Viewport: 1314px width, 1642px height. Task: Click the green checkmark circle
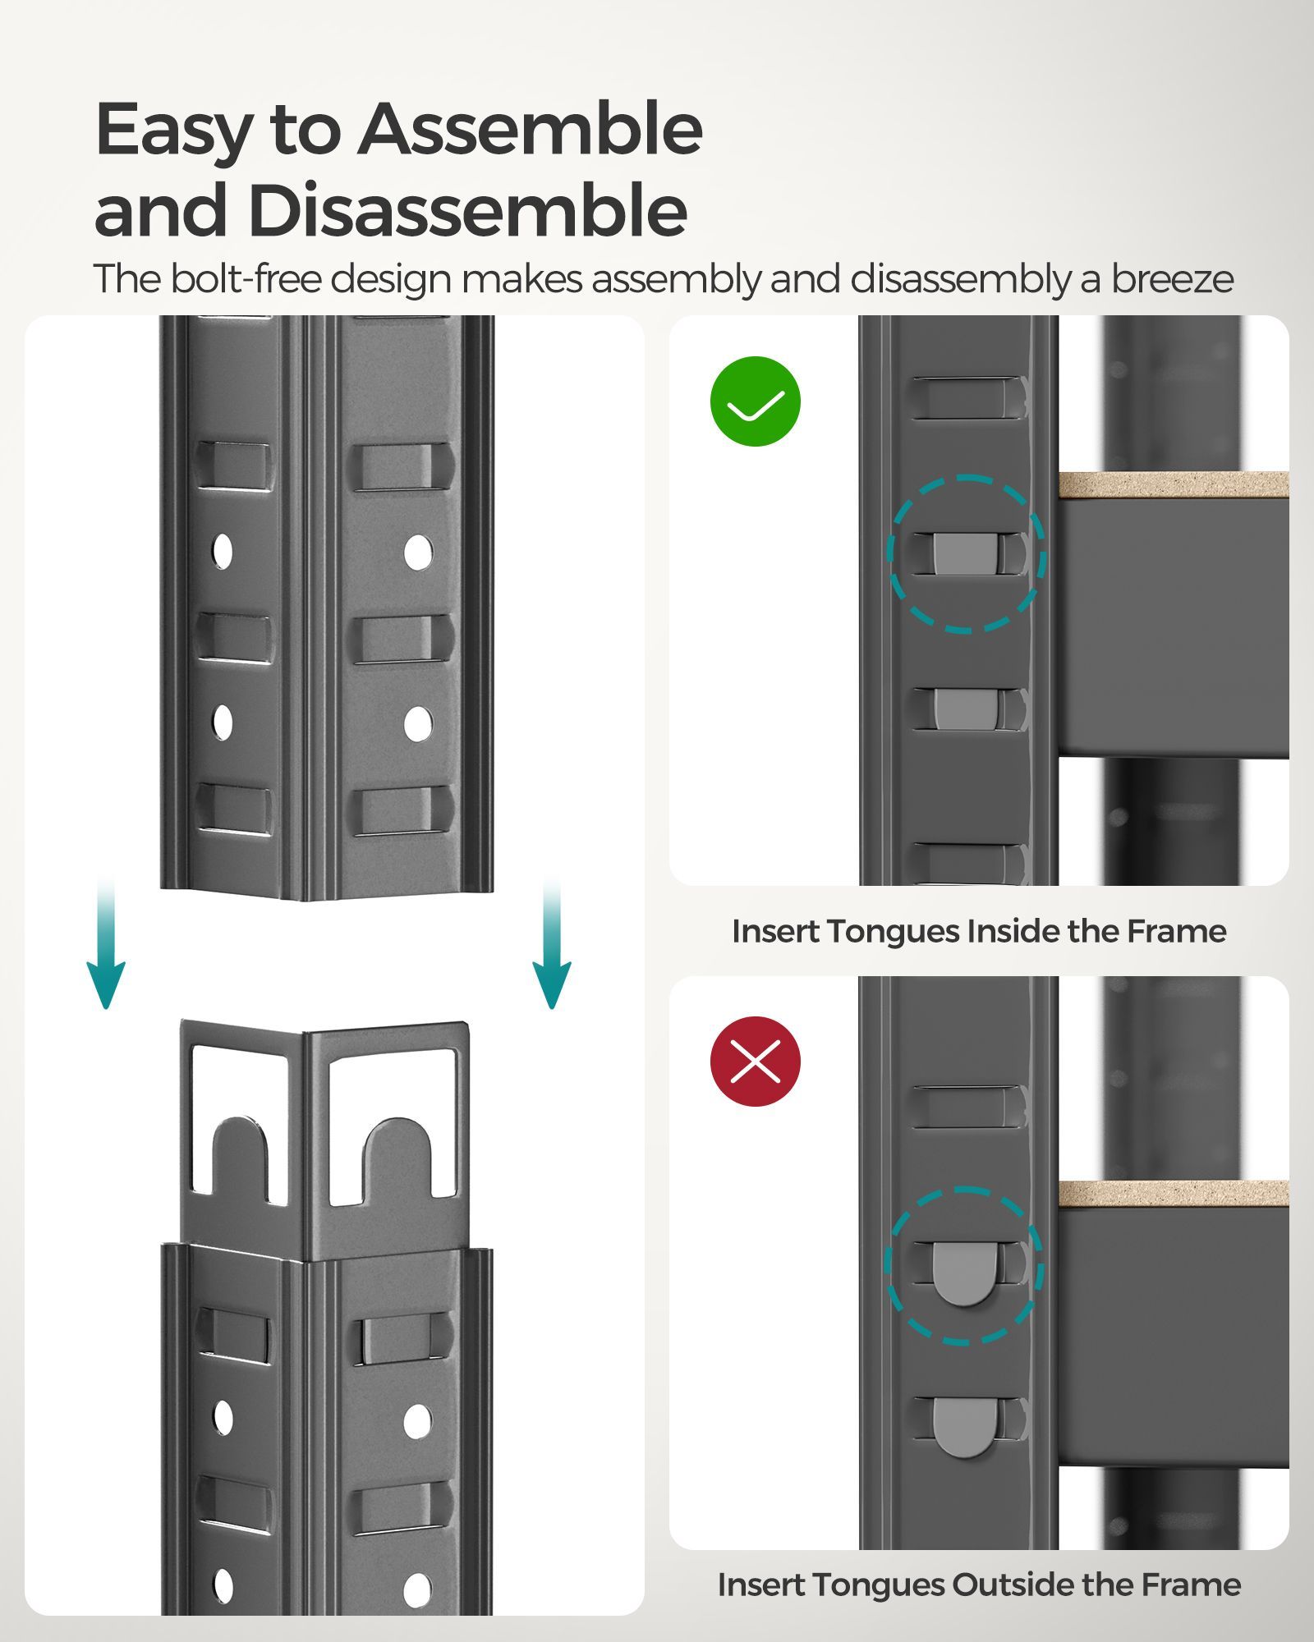pos(755,401)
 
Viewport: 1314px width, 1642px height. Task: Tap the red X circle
pos(755,1062)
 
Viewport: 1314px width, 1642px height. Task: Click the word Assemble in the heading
pos(530,130)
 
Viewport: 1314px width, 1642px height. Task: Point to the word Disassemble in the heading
pos(467,211)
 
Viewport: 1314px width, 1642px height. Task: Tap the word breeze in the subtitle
pos(1172,279)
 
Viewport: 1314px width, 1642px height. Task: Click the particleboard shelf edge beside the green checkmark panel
pos(1173,485)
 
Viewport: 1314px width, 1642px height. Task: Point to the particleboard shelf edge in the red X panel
pos(1173,1194)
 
